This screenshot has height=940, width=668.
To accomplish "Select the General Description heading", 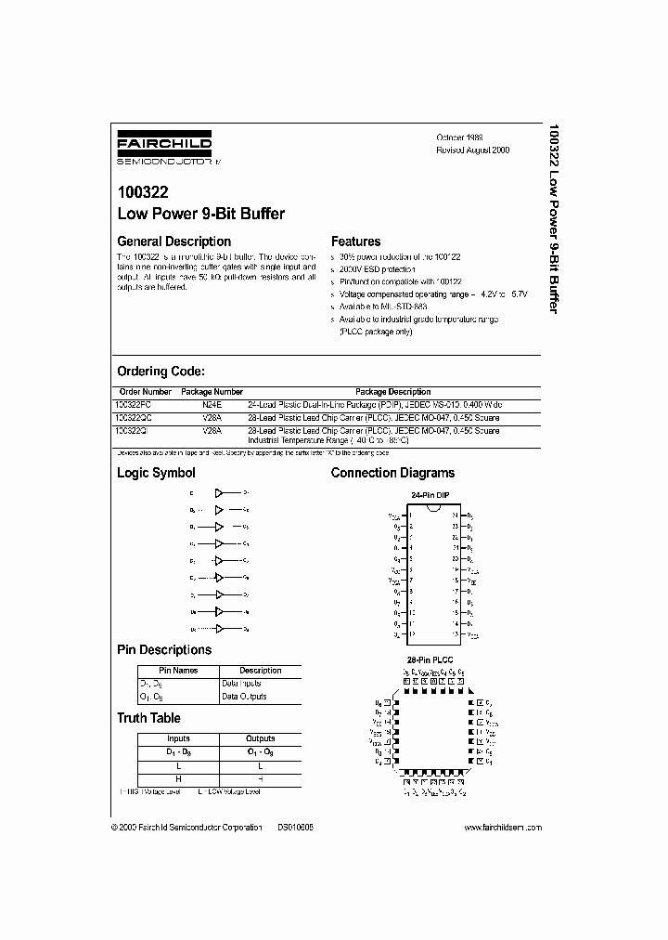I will tap(173, 242).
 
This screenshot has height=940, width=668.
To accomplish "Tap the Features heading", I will tap(355, 242).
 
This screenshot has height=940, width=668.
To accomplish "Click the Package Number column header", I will tap(212, 392).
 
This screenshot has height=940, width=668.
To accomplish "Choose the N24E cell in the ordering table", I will tap(212, 405).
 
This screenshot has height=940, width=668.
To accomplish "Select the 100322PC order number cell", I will tap(139, 405).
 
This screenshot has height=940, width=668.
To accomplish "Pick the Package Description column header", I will tap(392, 392).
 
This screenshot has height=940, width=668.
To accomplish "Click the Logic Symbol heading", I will tap(156, 473).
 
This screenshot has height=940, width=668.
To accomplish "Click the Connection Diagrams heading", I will tap(392, 473).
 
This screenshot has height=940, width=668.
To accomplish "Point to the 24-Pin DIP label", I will tap(429, 496).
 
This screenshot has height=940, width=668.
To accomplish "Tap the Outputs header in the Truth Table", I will tap(260, 738).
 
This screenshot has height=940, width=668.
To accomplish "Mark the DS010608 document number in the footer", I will tap(295, 827).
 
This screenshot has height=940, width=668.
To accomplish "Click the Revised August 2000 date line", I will tap(473, 150).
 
